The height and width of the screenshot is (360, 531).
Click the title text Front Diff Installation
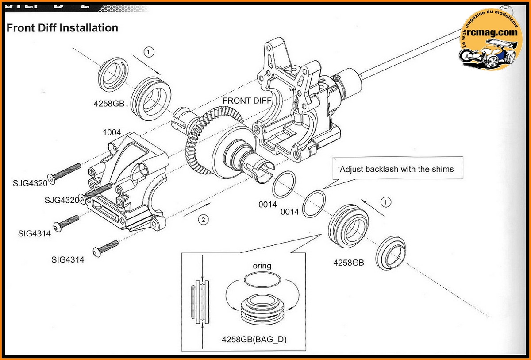pos(62,28)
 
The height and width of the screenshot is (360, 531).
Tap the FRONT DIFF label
pos(247,101)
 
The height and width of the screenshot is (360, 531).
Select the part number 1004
pos(112,133)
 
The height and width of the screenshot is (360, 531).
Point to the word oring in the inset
pos(262,266)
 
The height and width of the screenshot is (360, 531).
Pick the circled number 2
pos(203,219)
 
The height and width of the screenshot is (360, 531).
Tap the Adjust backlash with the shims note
pos(396,169)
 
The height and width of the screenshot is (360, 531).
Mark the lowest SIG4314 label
pos(67,260)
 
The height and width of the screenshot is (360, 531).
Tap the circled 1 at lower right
pos(386,202)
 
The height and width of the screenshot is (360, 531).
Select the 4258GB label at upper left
pos(109,105)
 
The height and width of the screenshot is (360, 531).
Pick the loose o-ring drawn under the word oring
pos(262,281)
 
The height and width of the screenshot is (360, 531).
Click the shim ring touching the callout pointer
pos(314,204)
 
